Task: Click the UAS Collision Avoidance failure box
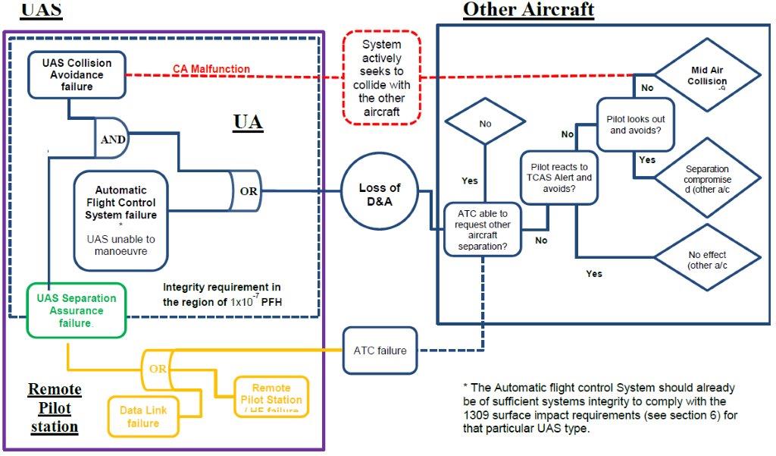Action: tap(76, 74)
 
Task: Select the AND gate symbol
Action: tap(110, 140)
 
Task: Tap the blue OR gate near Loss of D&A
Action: tap(245, 190)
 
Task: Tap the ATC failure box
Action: tap(380, 351)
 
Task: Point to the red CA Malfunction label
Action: tap(211, 69)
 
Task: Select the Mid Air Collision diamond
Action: tap(706, 75)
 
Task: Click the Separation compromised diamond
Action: tap(706, 178)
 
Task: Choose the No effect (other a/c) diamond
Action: tap(706, 260)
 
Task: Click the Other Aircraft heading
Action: tap(528, 10)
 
